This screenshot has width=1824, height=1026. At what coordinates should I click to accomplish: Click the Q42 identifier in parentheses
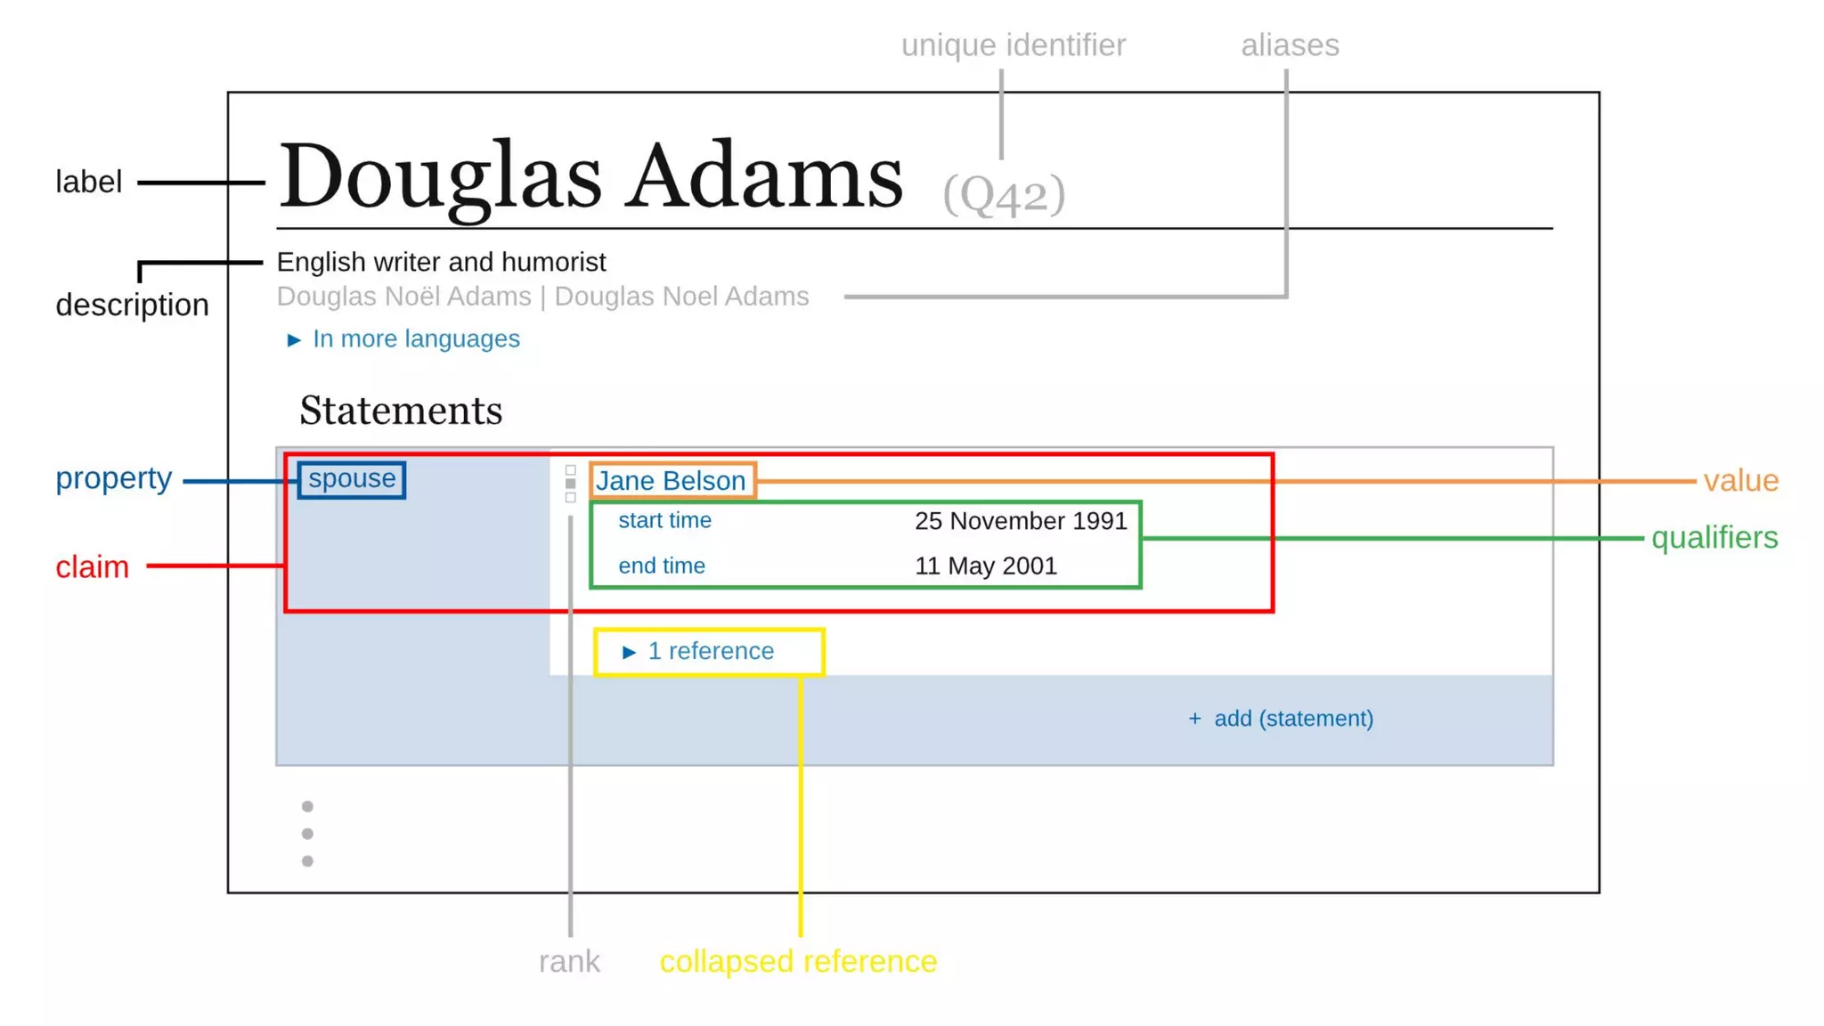coord(1004,193)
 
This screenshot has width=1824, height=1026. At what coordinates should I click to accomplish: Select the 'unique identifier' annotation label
coord(1013,45)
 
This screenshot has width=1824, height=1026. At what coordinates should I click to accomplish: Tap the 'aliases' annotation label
coord(1290,45)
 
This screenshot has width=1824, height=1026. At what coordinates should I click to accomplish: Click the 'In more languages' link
coord(415,339)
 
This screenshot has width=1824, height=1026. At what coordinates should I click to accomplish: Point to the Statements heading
coord(401,411)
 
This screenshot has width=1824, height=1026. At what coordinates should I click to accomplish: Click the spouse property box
coord(352,479)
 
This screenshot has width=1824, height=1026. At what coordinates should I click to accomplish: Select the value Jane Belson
coord(671,481)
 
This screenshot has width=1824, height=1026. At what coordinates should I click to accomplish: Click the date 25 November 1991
coord(1021,521)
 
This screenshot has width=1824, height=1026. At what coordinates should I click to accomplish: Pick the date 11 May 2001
coord(986,566)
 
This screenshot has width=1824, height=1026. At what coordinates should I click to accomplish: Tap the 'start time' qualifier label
coord(664,521)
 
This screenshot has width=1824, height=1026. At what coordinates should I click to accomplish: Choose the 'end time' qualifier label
coord(662,566)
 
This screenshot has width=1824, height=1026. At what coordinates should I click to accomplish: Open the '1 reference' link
coord(710,652)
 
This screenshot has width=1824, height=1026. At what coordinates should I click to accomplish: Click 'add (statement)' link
coord(1292,719)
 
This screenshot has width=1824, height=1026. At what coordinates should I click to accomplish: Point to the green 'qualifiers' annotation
coord(1714,538)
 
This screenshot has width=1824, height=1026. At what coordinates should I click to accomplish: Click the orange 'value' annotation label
coord(1740,481)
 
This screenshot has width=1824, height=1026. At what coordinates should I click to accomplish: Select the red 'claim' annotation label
coord(92,567)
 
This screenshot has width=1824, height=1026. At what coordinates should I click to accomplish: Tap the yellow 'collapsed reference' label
coord(798,962)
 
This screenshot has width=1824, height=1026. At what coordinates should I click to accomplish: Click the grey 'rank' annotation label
coord(569,962)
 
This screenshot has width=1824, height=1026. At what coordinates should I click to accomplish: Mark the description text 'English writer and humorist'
coord(441,263)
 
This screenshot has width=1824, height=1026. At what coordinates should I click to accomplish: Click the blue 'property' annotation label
coord(113,478)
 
